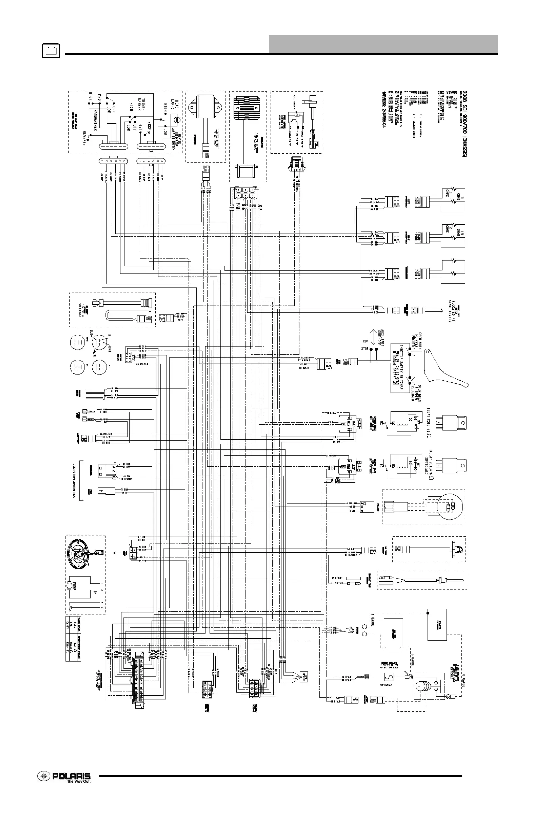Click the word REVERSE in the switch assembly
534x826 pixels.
click(x=84, y=138)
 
